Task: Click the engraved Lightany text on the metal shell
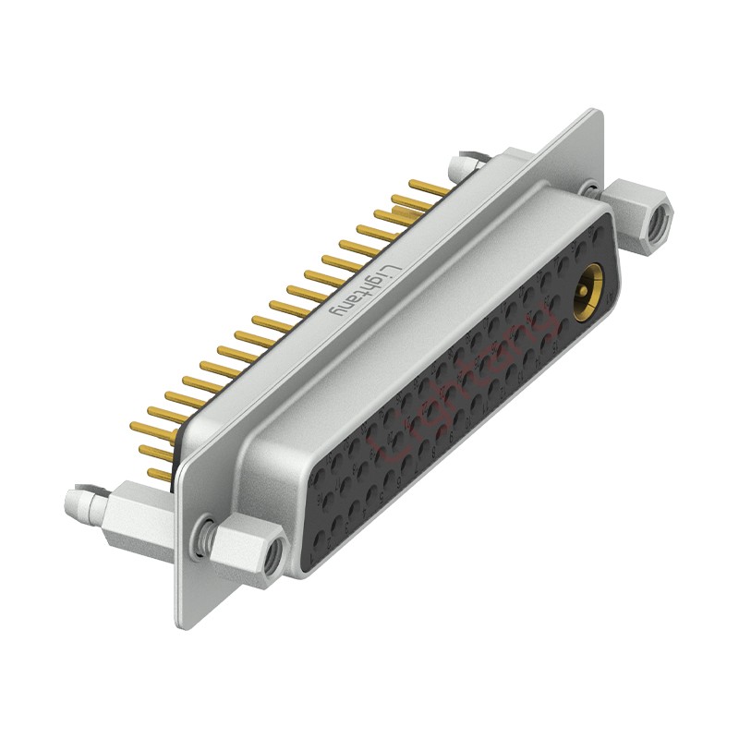(x=365, y=291)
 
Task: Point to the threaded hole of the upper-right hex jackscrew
(x=660, y=223)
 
